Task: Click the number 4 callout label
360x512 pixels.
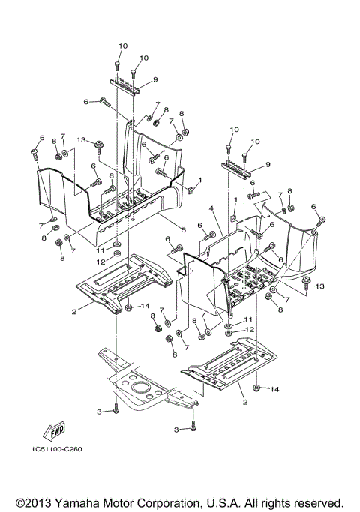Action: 212,209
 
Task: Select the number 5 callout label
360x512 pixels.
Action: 183,229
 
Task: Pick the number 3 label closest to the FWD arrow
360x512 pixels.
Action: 99,412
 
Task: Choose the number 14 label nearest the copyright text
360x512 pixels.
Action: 274,390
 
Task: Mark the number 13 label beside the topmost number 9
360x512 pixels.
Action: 79,139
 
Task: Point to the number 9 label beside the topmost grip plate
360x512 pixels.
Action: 155,79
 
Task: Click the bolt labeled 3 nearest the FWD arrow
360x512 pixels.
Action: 116,410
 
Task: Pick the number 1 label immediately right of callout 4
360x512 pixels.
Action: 235,200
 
